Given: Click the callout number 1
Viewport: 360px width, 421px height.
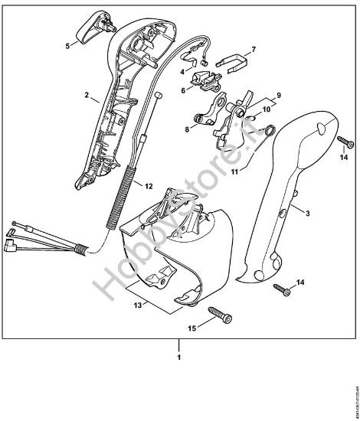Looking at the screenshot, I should point(180,357).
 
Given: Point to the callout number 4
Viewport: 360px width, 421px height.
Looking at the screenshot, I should point(182,70).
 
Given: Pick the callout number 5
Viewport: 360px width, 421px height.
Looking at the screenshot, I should point(67,46).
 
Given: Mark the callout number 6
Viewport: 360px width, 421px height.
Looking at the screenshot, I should point(184,90).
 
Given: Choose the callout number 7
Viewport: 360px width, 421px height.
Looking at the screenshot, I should point(254,49).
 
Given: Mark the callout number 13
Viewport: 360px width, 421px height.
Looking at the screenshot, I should point(138,305).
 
